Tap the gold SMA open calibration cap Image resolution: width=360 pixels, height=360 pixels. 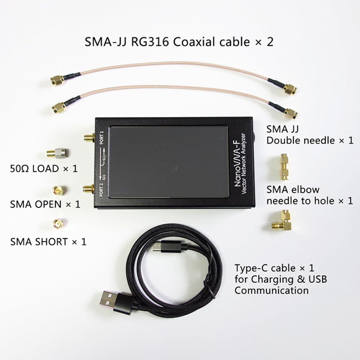(x=58, y=190)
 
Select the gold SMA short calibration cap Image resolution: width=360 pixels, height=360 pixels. (x=57, y=224)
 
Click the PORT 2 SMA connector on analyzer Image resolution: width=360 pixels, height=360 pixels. (x=89, y=189)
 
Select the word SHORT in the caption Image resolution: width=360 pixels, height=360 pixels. (x=51, y=241)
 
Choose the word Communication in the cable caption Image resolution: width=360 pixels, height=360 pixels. (x=271, y=290)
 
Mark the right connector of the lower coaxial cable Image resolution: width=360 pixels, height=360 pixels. (x=289, y=113)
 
